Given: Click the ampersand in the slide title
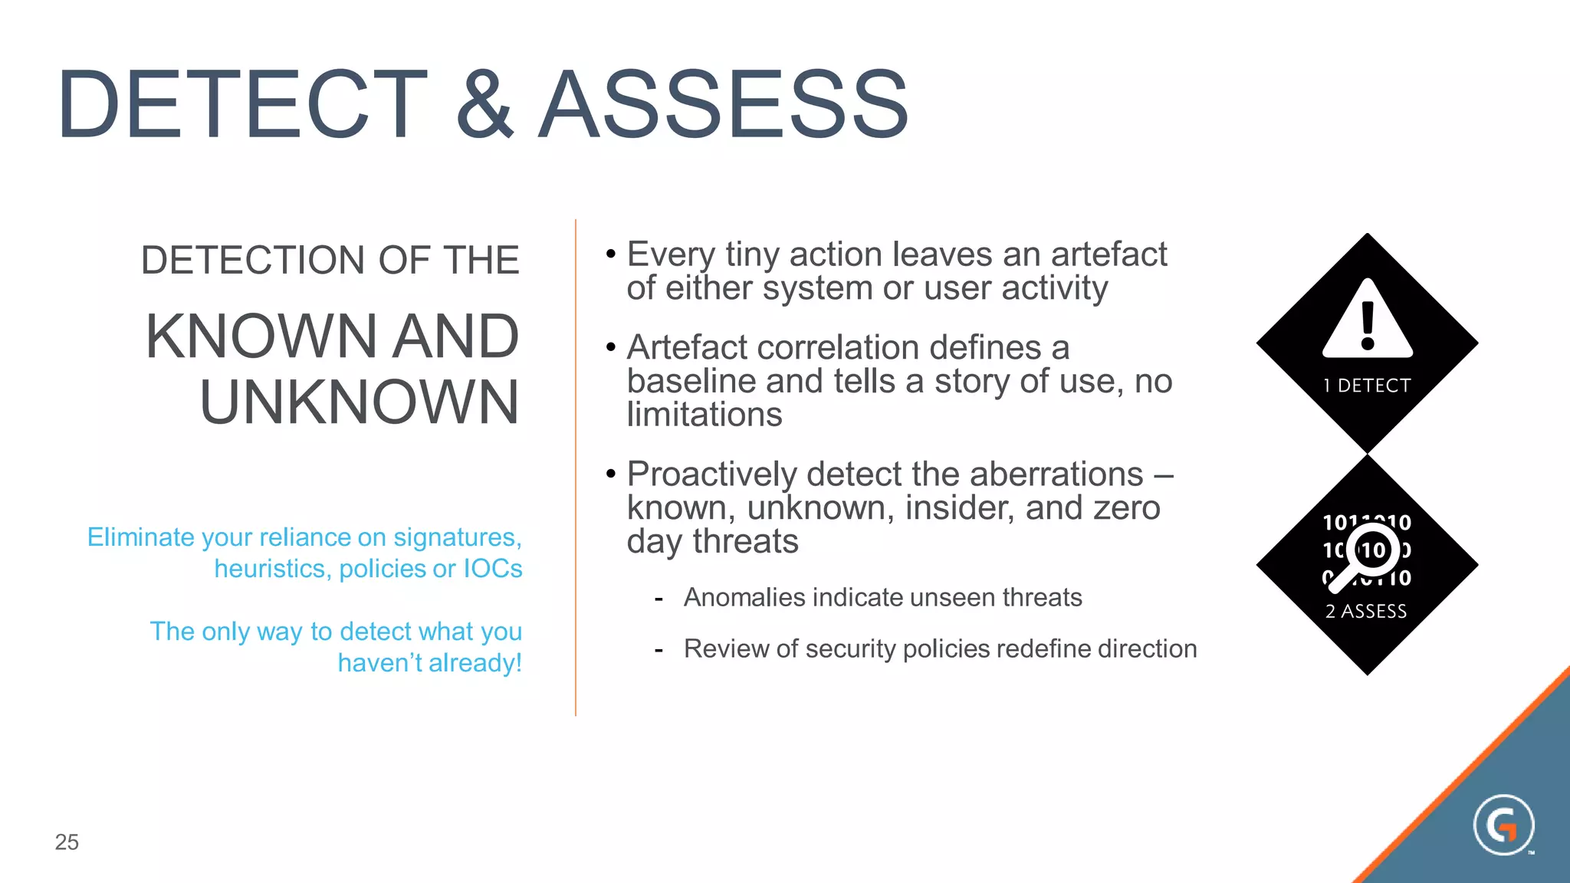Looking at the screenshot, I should pos(484,104).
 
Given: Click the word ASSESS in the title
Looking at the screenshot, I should pos(723,104).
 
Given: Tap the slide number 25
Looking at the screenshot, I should pos(67,842).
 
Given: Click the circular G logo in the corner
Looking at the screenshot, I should pos(1503,825).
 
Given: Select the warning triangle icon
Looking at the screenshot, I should pos(1367,320).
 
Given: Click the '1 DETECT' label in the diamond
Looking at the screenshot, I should pos(1367,386).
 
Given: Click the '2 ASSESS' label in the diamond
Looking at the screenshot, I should pos(1366,611).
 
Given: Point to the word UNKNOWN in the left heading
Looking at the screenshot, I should pos(359,402).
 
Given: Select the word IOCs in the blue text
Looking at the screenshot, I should pos(492,569).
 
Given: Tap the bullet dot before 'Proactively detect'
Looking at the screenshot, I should pos(610,474).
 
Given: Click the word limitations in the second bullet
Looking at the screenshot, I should pos(704,415).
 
